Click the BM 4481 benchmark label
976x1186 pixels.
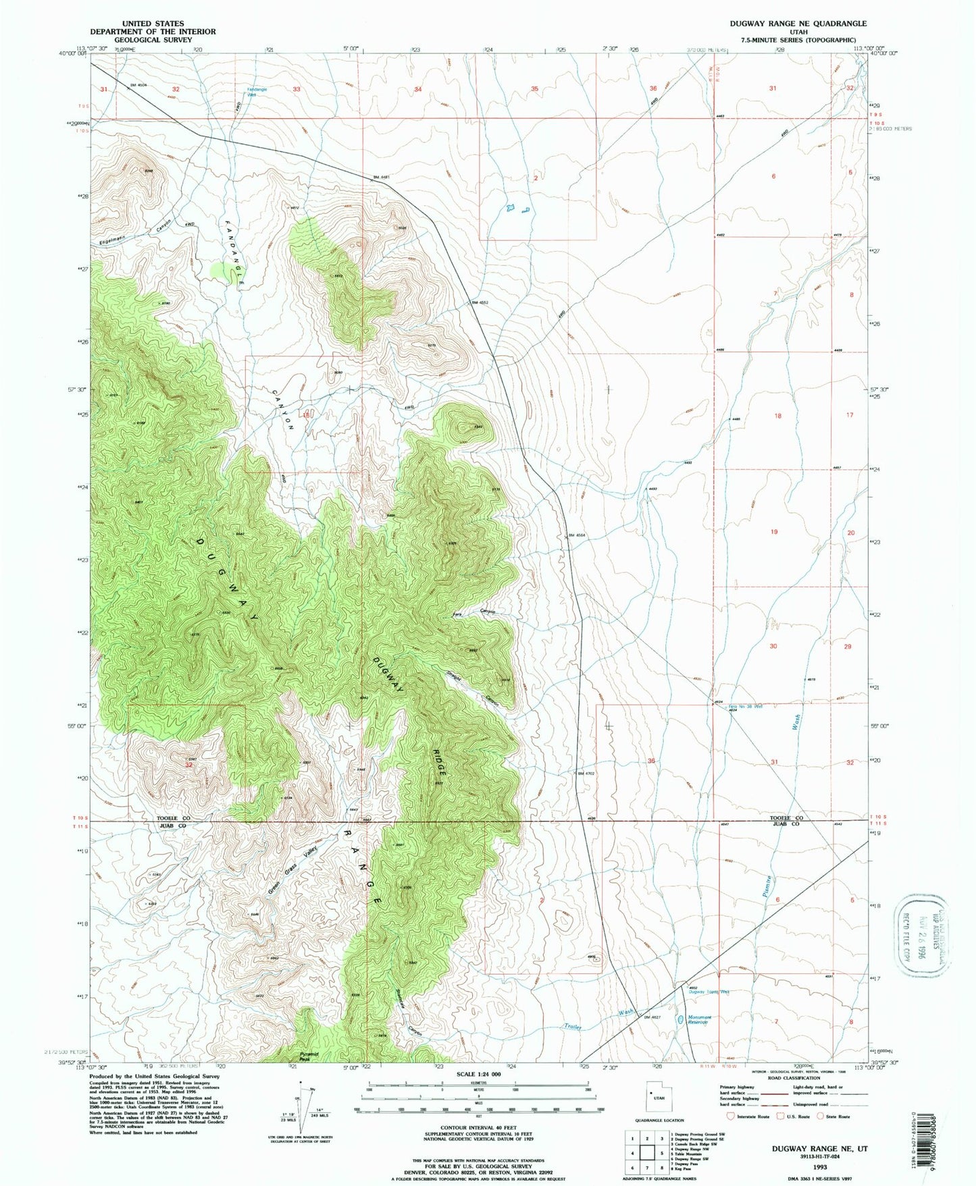[x=382, y=178]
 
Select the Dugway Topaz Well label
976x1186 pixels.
[x=709, y=992]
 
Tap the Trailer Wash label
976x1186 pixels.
[x=598, y=1020]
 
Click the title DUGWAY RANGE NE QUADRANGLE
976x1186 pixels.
[x=797, y=23]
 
